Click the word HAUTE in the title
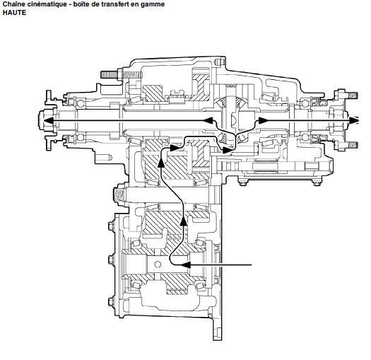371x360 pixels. coord(14,12)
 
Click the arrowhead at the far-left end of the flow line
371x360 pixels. coord(48,120)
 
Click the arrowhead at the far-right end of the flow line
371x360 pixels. coord(354,120)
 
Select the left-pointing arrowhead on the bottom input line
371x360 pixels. coord(186,265)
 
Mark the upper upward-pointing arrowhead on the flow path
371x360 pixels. coord(161,163)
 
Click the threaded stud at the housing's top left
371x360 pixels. coord(110,75)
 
